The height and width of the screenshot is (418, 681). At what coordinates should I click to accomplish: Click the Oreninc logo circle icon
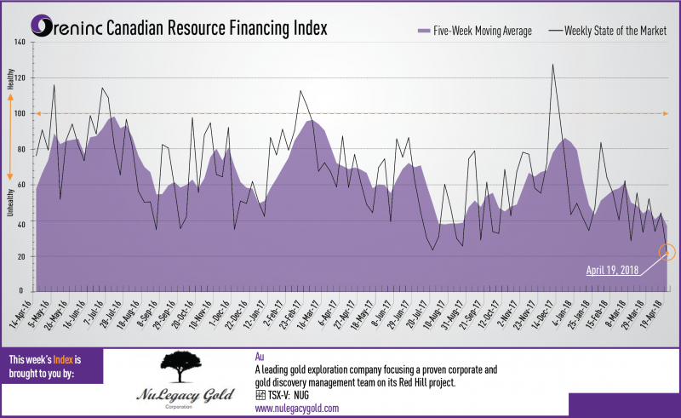(40, 28)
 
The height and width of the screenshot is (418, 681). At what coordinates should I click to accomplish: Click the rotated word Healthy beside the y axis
(11, 83)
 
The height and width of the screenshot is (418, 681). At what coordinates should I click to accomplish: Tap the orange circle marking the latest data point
(667, 252)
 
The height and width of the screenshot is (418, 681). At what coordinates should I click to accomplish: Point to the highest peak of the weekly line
(552, 65)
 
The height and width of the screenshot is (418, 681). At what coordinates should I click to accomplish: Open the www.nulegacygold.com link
(297, 409)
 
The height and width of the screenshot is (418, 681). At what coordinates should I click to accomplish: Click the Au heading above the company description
(259, 356)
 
